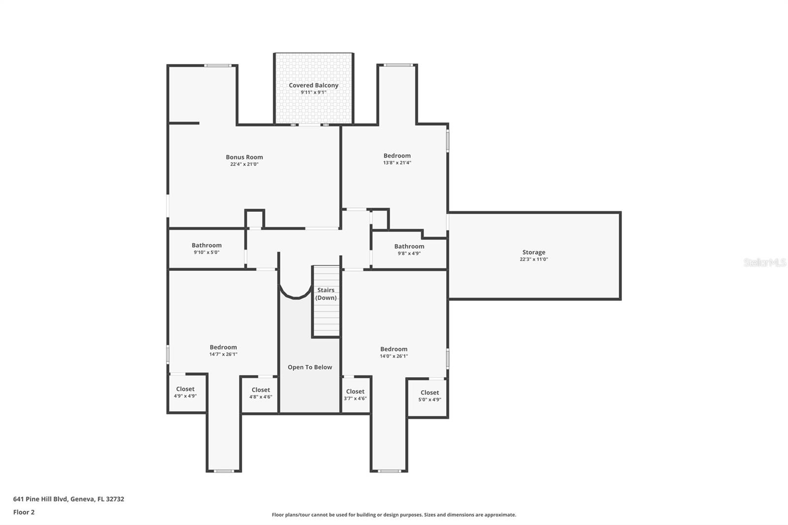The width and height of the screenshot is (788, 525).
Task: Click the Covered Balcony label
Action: pos(313,85)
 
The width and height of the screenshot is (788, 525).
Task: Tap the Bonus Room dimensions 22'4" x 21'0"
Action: pos(244,164)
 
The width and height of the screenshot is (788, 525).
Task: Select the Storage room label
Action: pos(533,252)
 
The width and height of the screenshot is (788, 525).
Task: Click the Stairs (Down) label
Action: pos(326,294)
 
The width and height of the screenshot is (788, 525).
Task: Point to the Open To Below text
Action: pos(310,367)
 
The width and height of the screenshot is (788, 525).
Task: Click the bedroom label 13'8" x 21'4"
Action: pos(397,163)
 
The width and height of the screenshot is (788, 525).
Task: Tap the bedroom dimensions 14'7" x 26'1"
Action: pos(223,354)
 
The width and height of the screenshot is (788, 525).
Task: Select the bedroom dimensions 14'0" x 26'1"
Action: pos(394,356)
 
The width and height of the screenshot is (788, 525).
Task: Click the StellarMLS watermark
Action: pos(764,263)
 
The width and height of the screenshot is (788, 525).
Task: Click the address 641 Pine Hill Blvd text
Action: pos(68,499)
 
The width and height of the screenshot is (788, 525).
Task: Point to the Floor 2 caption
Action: pos(24,512)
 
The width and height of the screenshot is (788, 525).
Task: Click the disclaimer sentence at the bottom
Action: pos(394,515)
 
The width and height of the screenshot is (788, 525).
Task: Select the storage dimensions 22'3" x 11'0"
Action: pos(533,259)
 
